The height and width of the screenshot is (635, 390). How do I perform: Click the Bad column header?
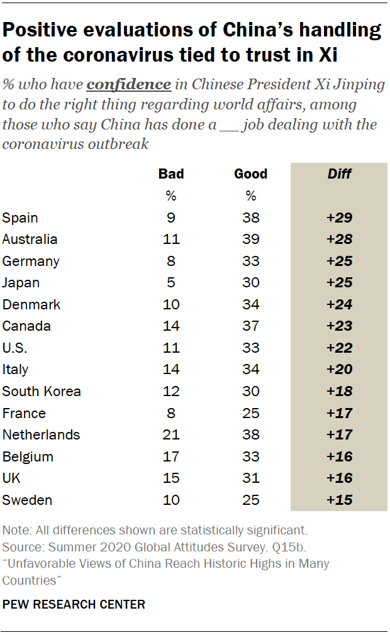(171, 174)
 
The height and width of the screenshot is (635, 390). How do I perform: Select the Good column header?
(250, 174)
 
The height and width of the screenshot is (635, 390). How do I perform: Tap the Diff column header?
(340, 174)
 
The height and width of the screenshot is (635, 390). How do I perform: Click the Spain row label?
(20, 218)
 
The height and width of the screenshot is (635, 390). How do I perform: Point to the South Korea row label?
(42, 392)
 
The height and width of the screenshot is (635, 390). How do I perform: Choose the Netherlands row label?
(41, 435)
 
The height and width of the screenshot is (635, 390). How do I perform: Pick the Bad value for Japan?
(171, 283)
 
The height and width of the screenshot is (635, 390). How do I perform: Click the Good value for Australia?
(251, 240)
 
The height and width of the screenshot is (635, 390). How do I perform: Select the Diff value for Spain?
(339, 218)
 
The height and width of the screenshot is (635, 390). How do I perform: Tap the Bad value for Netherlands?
(171, 435)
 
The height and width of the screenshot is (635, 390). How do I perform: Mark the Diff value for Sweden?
(339, 500)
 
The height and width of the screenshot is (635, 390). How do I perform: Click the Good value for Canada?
(251, 326)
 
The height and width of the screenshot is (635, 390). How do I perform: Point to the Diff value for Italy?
(339, 370)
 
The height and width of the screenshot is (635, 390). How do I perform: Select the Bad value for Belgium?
(171, 457)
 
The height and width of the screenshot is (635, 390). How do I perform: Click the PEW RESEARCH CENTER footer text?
(74, 605)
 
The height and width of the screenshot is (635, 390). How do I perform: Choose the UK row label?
(11, 478)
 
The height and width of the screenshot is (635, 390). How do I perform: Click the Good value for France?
(251, 414)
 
